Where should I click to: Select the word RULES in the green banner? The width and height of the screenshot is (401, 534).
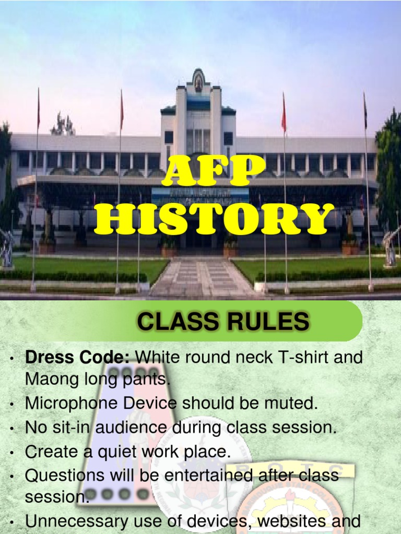click(270, 322)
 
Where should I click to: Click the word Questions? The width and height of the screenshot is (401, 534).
click(68, 476)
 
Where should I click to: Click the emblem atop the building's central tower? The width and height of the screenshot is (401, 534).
click(198, 80)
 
